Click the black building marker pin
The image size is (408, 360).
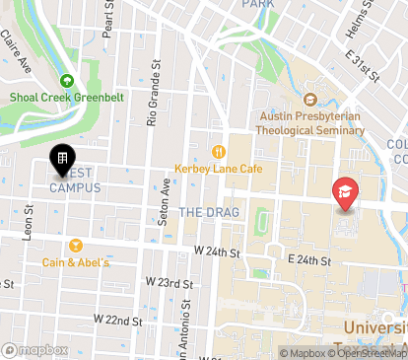61,160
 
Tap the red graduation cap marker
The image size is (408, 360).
344,190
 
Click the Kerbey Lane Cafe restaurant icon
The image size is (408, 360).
215,151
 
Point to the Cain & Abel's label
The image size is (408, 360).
76,262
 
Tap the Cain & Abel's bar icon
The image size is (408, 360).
75,246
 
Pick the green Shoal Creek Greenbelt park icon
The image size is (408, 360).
68,81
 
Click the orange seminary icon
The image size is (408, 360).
310,99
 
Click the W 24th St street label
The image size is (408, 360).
218,252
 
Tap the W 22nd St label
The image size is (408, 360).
118,321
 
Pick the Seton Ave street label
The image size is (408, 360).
166,204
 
